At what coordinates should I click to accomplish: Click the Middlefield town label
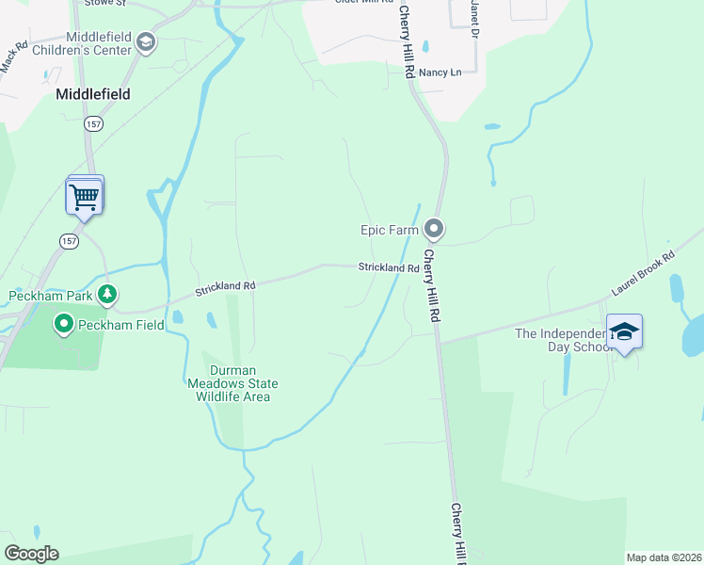tap(92, 94)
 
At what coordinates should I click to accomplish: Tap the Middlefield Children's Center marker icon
tap(146, 41)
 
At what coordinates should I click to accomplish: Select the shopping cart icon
tap(85, 197)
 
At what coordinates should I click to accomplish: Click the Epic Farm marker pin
tap(434, 229)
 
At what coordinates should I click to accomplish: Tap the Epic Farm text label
tap(390, 230)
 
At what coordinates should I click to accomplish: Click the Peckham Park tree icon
tap(108, 295)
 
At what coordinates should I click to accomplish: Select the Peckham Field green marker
tap(64, 325)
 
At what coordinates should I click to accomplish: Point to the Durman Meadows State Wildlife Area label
tap(231, 383)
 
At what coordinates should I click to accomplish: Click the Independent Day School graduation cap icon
tap(624, 332)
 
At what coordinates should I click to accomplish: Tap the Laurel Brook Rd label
tap(643, 274)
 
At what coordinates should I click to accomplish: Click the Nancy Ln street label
tap(440, 73)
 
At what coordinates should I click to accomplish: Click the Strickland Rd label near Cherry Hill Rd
tap(388, 268)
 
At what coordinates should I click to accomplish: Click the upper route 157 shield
tap(92, 123)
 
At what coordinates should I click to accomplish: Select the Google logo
tap(31, 554)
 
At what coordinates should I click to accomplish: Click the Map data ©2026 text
tap(664, 557)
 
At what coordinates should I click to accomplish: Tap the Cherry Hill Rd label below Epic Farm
tap(432, 287)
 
